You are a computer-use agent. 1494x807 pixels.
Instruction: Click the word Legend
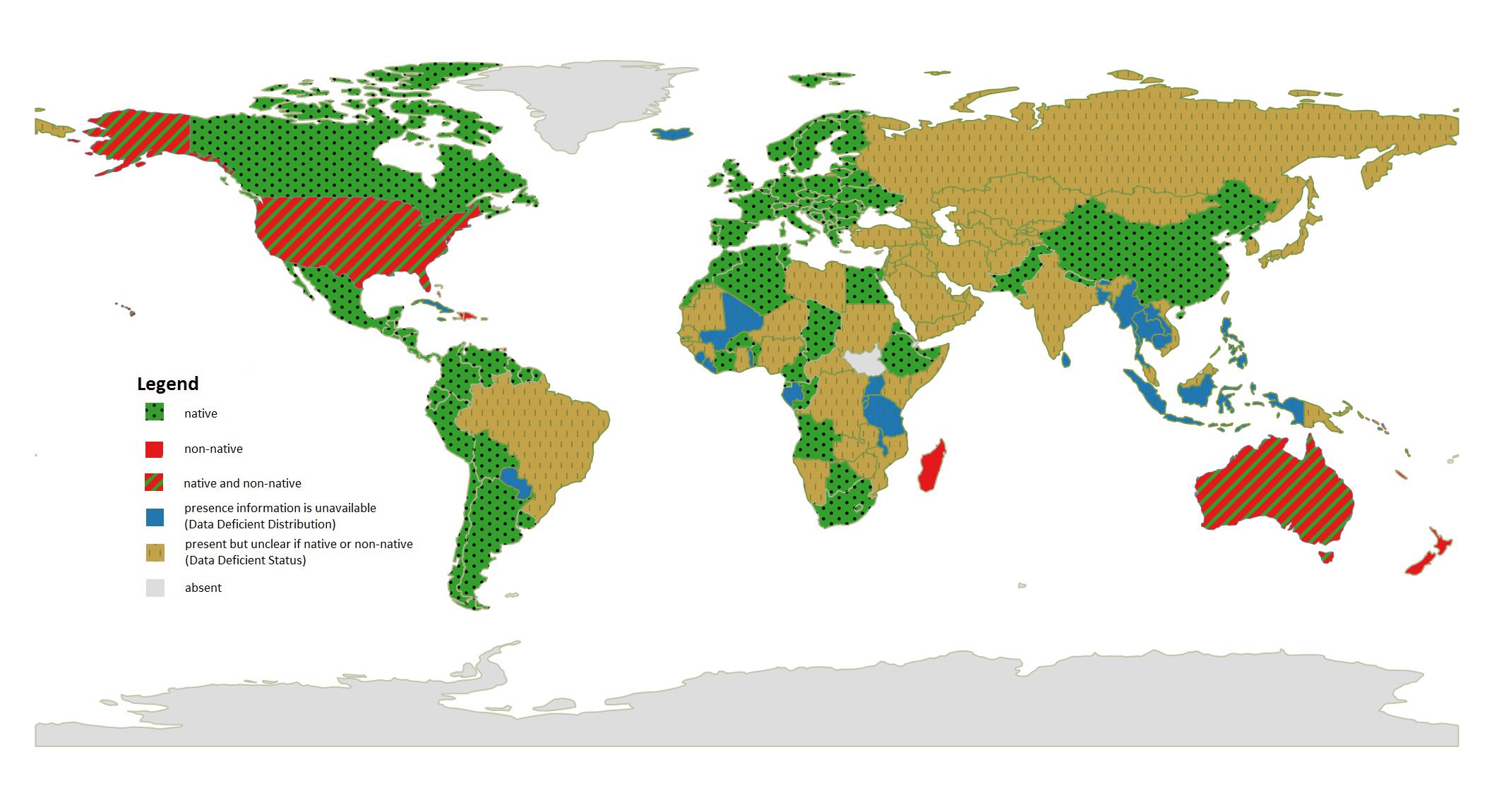tap(167, 384)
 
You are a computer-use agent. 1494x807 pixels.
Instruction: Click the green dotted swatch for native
tap(155, 412)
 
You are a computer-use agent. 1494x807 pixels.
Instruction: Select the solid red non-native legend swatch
tap(155, 449)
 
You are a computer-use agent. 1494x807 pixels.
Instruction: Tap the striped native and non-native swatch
tap(155, 483)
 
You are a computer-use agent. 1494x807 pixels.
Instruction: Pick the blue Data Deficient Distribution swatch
tap(155, 517)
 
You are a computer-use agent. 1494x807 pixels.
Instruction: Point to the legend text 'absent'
tap(203, 588)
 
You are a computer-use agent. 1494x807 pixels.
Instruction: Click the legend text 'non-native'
tap(213, 449)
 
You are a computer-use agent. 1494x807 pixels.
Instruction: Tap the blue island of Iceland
tap(671, 133)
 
